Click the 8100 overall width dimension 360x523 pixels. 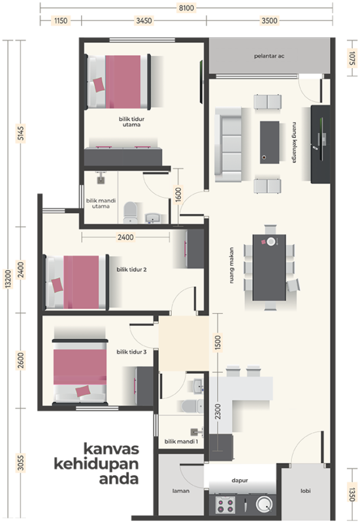pyautogui.click(x=186, y=8)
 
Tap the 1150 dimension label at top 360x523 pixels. pyautogui.click(x=61, y=21)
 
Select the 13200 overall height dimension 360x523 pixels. pyautogui.click(x=8, y=278)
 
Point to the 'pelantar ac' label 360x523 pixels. pyautogui.click(x=269, y=56)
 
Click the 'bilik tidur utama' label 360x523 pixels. pyautogui.click(x=131, y=122)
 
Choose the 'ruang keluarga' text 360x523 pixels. pyautogui.click(x=294, y=142)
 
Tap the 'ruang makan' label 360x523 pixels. pyautogui.click(x=231, y=265)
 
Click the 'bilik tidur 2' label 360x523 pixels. pyautogui.click(x=131, y=269)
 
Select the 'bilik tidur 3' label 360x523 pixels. pyautogui.click(x=131, y=352)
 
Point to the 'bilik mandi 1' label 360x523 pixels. pyautogui.click(x=181, y=442)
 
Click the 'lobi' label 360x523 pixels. pyautogui.click(x=305, y=491)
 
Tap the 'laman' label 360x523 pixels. pyautogui.click(x=181, y=491)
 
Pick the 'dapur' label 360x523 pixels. pyautogui.click(x=240, y=481)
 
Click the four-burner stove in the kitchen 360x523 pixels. pyautogui.click(x=225, y=505)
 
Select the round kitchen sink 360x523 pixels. pyautogui.click(x=265, y=504)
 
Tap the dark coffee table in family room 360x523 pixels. pyautogui.click(x=269, y=143)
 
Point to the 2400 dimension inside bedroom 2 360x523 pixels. pyautogui.click(x=125, y=237)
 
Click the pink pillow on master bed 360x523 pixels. pyautogui.click(x=99, y=85)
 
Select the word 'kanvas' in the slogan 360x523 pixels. pyautogui.click(x=111, y=449)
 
